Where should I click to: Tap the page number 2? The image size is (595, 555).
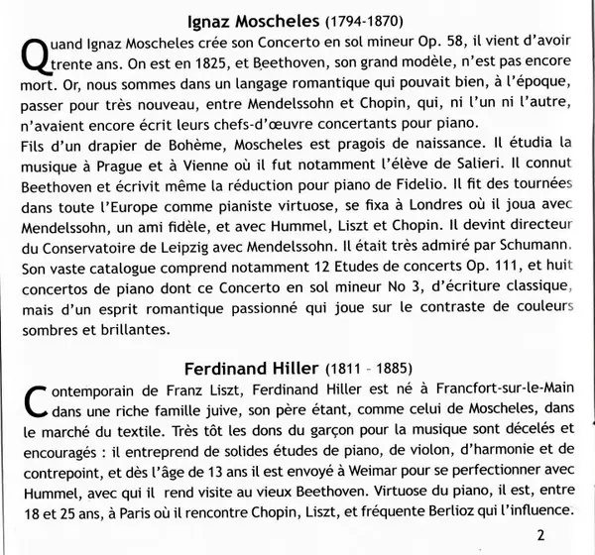[566, 535]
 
